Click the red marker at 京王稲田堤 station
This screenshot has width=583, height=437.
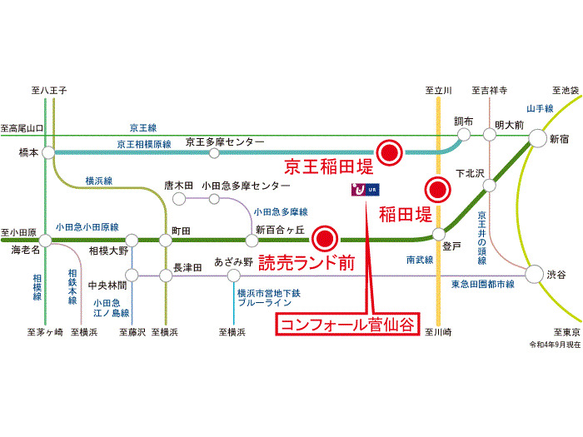tap(389, 151)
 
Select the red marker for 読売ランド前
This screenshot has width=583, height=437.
tap(325, 239)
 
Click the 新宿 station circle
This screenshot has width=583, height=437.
tap(537, 140)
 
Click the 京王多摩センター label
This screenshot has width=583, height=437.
tap(225, 142)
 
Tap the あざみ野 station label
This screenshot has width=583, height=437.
tap(234, 260)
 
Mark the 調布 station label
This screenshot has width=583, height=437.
tap(464, 122)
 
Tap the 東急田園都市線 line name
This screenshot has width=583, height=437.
tap(482, 286)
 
